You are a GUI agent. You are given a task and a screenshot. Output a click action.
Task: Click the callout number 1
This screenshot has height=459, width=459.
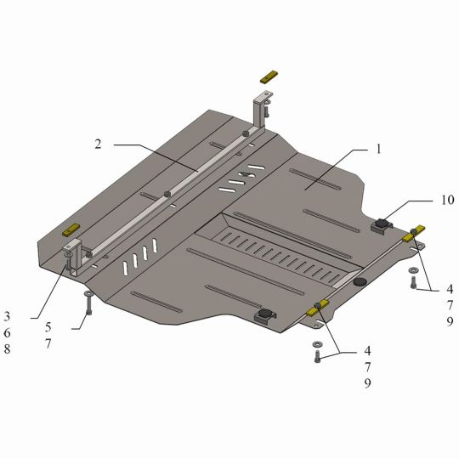[x=378, y=149]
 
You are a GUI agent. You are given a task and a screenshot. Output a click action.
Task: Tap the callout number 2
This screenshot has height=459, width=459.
[x=98, y=144]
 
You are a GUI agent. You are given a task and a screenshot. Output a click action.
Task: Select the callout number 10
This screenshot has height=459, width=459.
[x=448, y=200]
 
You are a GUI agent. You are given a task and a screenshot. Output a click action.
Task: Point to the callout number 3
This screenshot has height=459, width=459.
[x=7, y=316]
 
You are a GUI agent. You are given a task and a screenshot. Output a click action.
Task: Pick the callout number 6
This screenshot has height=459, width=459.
[x=7, y=333]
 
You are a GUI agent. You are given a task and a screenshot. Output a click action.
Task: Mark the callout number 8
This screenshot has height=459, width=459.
[x=7, y=348]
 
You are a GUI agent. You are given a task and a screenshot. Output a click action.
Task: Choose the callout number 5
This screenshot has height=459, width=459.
[x=48, y=327]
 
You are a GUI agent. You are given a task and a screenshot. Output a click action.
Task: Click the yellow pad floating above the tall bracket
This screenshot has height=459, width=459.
[x=269, y=76]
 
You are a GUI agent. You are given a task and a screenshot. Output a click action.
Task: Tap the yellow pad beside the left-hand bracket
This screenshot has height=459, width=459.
[x=71, y=229]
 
